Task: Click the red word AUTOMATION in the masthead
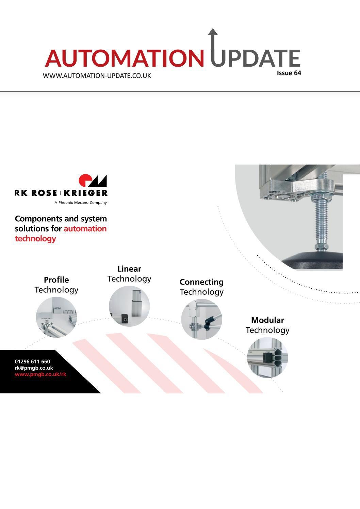125,58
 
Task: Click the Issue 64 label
289,73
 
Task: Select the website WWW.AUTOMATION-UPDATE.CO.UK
97,75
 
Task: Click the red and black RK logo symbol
93,181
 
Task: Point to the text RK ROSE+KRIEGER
61,193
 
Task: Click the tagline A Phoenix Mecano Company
81,203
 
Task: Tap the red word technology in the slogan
35,238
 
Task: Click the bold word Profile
56,280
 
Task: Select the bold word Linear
129,269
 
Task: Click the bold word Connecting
201,282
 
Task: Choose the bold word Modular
267,320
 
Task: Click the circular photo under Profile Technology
56,317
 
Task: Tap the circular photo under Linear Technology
129,306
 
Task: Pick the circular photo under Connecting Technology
201,319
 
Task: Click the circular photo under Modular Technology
267,357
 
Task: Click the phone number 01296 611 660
32,362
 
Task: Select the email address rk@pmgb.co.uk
34,368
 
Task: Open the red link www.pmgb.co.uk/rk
40,374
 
